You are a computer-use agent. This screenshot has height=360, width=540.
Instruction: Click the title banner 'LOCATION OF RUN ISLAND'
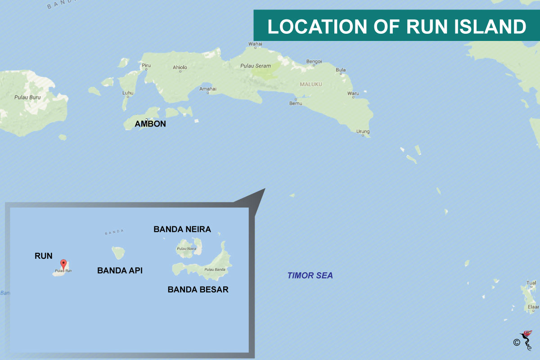[396, 27]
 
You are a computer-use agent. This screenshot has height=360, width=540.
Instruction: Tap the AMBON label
[150, 124]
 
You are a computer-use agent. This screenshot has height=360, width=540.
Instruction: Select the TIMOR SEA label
[310, 275]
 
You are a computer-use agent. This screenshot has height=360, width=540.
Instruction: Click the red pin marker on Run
[63, 263]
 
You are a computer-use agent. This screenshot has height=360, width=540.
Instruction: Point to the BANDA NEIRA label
[182, 229]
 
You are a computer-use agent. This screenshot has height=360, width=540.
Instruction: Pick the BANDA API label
[120, 270]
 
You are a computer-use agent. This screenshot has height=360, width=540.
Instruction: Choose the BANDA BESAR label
[198, 289]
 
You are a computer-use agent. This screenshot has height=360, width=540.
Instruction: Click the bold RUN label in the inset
[44, 256]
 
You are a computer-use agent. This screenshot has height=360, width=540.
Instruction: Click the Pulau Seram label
[256, 66]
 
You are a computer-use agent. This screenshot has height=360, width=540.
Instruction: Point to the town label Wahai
[255, 44]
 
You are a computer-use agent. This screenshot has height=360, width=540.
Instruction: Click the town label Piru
[146, 65]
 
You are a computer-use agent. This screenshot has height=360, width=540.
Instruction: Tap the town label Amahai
[208, 89]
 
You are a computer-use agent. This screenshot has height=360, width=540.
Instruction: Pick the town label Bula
[341, 70]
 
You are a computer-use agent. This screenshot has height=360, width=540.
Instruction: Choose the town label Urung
[363, 131]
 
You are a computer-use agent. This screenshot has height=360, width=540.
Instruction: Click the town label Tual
[531, 283]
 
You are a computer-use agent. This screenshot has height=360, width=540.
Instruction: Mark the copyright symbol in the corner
[516, 342]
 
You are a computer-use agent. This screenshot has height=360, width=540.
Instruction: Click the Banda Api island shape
[118, 252]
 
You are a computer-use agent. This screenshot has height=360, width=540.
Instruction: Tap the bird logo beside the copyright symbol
[526, 340]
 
